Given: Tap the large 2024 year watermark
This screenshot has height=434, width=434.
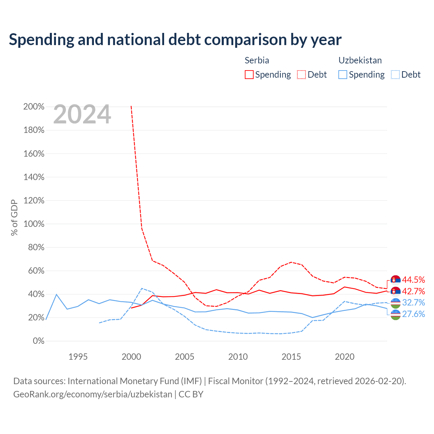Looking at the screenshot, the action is (82, 114).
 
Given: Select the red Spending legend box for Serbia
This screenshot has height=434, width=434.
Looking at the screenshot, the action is (249, 75).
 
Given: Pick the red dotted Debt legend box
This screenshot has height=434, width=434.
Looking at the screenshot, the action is (301, 75).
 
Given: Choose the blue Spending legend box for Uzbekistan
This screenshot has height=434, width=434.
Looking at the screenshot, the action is (342, 75).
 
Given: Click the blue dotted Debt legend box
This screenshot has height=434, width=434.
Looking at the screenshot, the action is (395, 75).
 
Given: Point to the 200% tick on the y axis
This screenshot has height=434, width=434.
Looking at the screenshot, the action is (34, 106).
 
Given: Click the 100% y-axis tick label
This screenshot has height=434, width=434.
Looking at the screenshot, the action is (34, 224).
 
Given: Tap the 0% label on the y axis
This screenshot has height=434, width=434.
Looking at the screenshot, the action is (39, 341).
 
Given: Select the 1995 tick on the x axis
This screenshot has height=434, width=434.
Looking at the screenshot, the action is (78, 357).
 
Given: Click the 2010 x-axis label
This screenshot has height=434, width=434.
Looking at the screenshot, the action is (238, 357).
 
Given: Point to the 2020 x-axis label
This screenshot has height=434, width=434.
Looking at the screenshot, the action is (344, 357).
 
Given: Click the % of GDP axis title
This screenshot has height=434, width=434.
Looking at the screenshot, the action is (14, 218).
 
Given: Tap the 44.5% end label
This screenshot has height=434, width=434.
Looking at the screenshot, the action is (413, 280).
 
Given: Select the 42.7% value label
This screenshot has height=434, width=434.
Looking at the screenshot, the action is (413, 292).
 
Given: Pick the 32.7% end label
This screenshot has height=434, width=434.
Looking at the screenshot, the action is (413, 302).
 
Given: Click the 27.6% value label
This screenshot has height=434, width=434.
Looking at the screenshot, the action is (413, 314).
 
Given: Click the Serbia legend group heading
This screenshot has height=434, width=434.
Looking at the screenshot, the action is (257, 60).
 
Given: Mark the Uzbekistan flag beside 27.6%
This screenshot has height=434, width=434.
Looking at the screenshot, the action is (395, 315).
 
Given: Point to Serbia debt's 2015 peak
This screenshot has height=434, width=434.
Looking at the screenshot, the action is (292, 262).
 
